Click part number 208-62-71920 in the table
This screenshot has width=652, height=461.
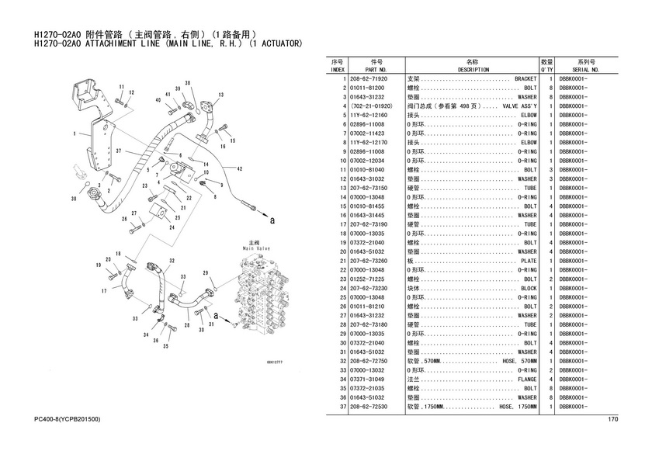coord(369,78)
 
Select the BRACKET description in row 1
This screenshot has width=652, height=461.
coord(525,78)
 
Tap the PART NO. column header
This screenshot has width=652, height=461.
coord(376,70)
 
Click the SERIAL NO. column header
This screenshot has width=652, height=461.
coord(585,70)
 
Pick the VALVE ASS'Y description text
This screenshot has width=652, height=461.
coord(519,106)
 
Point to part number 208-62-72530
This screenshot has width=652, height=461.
coord(369,407)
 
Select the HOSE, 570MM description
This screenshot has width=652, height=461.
coord(519,361)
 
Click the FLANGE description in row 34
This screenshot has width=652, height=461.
coord(527,380)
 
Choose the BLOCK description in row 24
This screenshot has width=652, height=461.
coord(529,289)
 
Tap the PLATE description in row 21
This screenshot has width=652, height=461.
coord(529,261)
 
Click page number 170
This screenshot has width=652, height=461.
coord(613,419)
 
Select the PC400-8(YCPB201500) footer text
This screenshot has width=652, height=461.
coord(67,419)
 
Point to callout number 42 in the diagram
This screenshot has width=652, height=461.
coord(240,168)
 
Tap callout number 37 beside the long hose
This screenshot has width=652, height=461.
coord(119,151)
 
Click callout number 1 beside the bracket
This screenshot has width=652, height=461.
coord(75,133)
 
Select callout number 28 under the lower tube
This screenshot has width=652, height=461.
coord(187,324)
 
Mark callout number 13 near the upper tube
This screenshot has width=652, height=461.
coord(220,95)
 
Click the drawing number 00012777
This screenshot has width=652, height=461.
coord(274,362)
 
